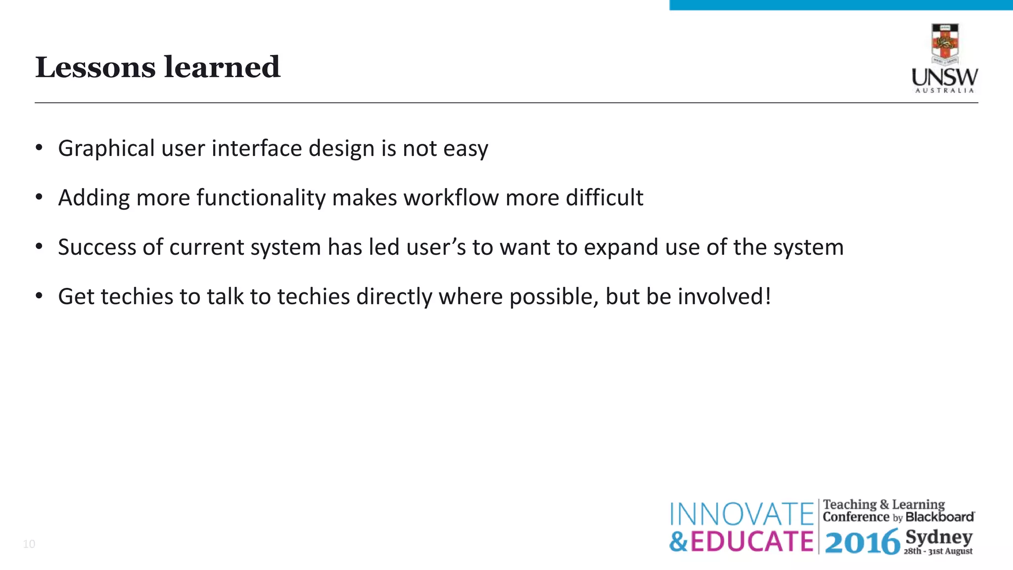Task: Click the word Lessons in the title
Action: (95, 67)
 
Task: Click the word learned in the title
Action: (222, 67)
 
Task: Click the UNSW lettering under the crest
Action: (945, 78)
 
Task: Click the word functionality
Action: (261, 198)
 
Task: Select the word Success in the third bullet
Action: (96, 247)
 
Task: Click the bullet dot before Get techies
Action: (40, 296)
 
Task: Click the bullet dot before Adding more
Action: (40, 197)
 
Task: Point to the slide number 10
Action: (29, 544)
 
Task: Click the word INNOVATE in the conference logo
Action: (741, 514)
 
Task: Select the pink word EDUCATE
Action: (751, 541)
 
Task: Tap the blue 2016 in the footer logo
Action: (862, 542)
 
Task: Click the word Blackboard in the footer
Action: (940, 517)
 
